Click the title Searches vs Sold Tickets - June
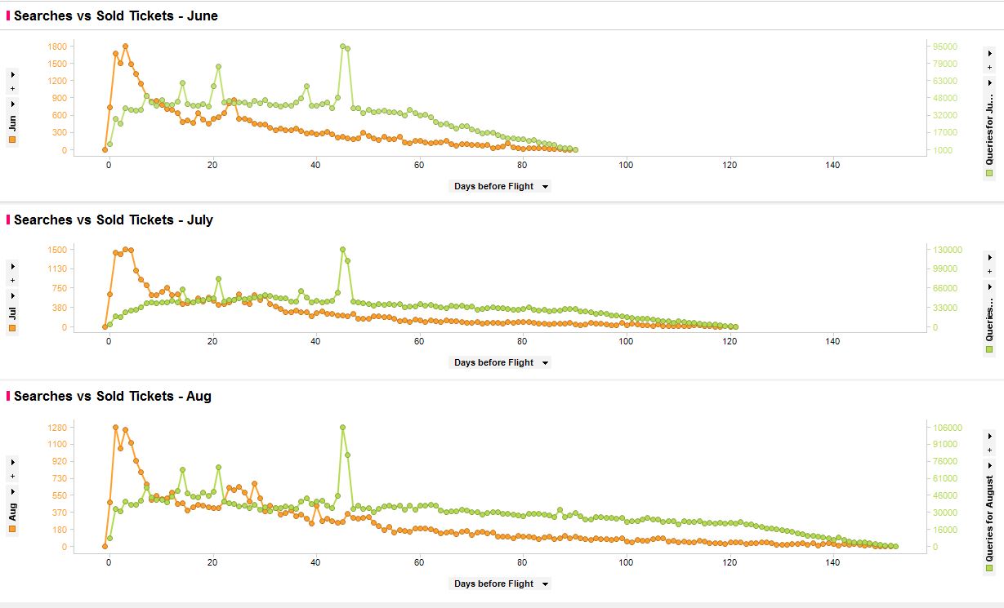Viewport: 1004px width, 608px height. [116, 16]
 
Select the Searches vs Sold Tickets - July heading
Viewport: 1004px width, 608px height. [114, 220]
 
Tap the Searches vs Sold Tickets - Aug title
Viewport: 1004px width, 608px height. [113, 396]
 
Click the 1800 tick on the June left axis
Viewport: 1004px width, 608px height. [56, 47]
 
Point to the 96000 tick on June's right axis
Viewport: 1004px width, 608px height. [946, 47]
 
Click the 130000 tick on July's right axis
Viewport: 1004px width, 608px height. [948, 250]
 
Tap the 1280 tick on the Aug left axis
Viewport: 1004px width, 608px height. [56, 428]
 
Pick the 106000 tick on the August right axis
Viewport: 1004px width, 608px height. [948, 428]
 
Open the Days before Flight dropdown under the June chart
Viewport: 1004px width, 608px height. [500, 186]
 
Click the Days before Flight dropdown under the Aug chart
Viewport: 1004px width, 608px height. [500, 584]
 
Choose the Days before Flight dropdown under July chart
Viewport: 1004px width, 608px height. [500, 362]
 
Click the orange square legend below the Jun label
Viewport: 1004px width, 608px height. [12, 140]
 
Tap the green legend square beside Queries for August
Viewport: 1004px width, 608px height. [989, 568]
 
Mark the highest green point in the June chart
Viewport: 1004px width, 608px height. [342, 47]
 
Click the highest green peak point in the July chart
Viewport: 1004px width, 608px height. [342, 250]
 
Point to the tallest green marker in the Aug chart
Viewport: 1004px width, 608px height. [342, 427]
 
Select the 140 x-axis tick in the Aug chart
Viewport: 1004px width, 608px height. [832, 563]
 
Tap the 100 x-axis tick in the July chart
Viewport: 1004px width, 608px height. [626, 341]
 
